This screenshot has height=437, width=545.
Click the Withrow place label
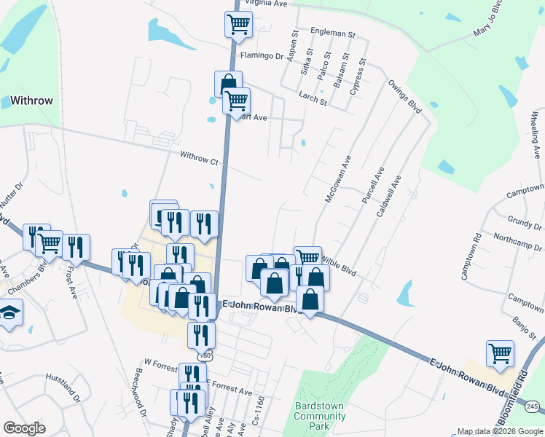tap(31, 101)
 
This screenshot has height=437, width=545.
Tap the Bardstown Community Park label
tap(320, 416)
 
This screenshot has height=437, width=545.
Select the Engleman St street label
tap(332, 34)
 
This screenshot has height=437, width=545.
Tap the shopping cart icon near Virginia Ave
tap(238, 24)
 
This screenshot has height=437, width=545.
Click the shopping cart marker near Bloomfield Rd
tap(500, 353)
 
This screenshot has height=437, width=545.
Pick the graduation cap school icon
tap(10, 314)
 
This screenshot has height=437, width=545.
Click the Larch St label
tap(313, 98)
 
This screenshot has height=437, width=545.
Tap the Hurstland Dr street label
tap(63, 384)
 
